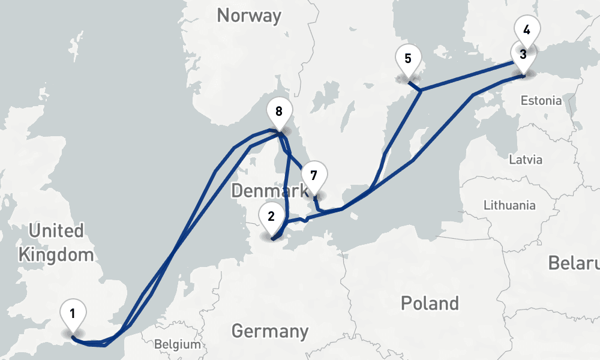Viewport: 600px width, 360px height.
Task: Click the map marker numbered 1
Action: [73, 313]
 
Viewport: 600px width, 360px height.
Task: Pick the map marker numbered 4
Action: [527, 29]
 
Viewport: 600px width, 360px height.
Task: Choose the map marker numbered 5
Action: [408, 59]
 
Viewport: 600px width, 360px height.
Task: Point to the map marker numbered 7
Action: [314, 176]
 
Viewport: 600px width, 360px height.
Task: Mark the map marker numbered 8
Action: [278, 111]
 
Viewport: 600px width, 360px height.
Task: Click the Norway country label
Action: [249, 15]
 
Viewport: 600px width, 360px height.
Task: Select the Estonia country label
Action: [541, 100]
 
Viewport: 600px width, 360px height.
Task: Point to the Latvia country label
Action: [526, 160]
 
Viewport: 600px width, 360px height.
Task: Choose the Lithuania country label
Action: [509, 205]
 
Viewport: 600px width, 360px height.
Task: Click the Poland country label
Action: [430, 302]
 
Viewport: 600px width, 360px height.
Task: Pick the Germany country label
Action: [269, 331]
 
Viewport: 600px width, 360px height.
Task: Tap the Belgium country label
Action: [177, 344]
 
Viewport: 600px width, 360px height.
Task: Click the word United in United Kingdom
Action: [56, 230]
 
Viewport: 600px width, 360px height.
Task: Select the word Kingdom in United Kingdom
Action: [56, 254]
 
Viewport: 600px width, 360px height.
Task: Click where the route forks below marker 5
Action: [420, 91]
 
